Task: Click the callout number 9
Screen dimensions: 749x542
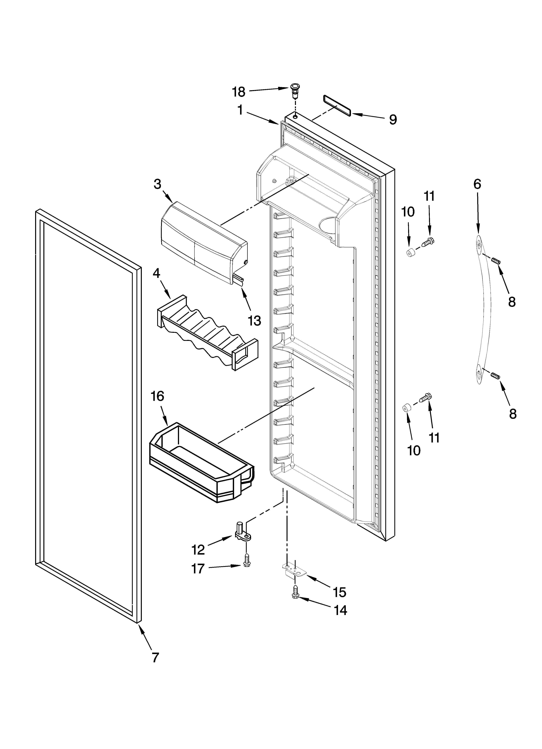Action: click(x=392, y=120)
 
